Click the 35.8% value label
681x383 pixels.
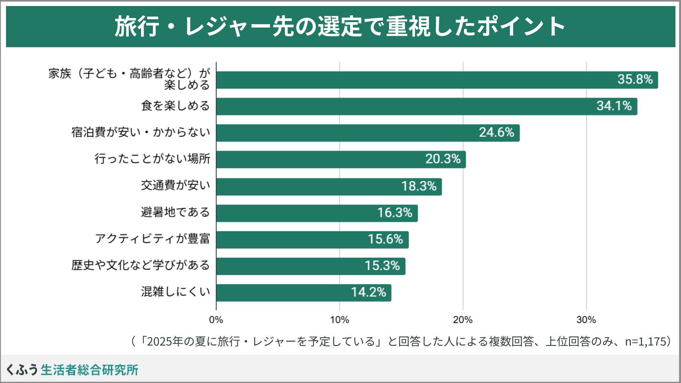pyautogui.click(x=635, y=79)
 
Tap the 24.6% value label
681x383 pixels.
pyautogui.click(x=496, y=133)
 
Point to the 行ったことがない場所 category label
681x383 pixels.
pyautogui.click(x=153, y=159)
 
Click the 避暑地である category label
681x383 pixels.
pyautogui.click(x=175, y=212)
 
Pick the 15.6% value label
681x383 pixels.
pyautogui.click(x=385, y=239)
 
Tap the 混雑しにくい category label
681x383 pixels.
pyautogui.click(x=175, y=292)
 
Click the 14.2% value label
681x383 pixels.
pyautogui.click(x=369, y=293)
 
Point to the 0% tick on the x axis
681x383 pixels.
pyautogui.click(x=216, y=320)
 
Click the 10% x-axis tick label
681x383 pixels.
pyautogui.click(x=339, y=320)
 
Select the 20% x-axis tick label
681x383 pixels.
pyautogui.click(x=463, y=320)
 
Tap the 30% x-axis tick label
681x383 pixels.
pyautogui.click(x=586, y=320)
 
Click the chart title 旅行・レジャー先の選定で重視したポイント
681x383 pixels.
pyautogui.click(x=340, y=27)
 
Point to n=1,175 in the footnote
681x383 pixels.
pyautogui.click(x=645, y=341)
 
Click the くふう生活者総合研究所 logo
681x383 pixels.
pyautogui.click(x=72, y=370)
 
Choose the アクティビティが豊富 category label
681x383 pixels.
pyautogui.click(x=153, y=239)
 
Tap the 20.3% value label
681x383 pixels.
pyautogui.click(x=443, y=159)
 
